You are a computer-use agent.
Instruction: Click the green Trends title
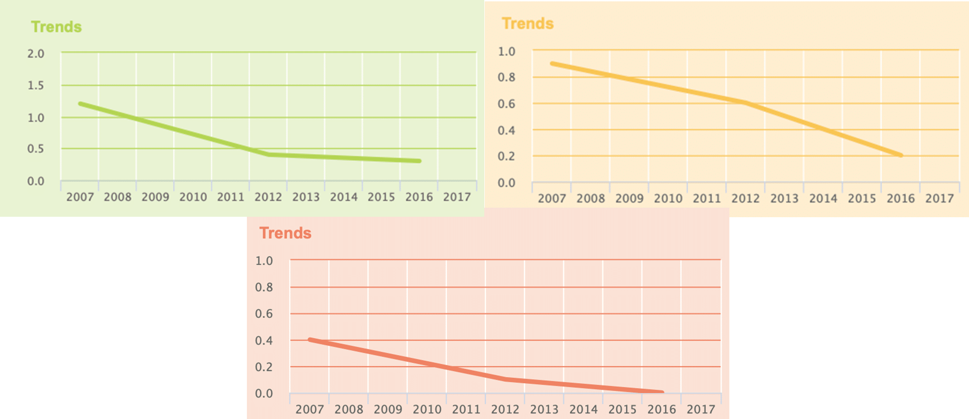pos(56,27)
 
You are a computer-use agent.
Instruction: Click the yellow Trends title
pos(527,23)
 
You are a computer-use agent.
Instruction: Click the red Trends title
pos(285,233)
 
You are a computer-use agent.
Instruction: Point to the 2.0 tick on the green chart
pos(36,54)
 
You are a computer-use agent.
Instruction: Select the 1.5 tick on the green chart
pos(36,85)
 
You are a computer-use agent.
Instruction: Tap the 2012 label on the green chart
pos(268,197)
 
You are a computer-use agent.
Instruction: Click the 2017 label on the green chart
pos(457,197)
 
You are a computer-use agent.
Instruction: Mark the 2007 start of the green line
pos(80,104)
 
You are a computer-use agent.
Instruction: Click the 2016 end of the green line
pos(419,161)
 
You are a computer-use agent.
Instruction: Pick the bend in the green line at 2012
pos(269,155)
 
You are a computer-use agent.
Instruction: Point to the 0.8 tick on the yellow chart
pos(506,77)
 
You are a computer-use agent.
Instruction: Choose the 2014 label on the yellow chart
pos(823,198)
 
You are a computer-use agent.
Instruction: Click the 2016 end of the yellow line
pos(901,156)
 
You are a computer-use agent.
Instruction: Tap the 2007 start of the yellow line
pos(552,63)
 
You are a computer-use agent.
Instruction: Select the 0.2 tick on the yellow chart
pos(506,156)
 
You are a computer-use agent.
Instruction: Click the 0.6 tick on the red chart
pos(264,313)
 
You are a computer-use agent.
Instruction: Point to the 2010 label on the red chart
pos(427,409)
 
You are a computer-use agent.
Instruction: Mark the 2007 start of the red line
pos(310,340)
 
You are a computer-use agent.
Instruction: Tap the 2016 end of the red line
pos(662,392)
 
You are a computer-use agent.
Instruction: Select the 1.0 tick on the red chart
pos(264,261)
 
